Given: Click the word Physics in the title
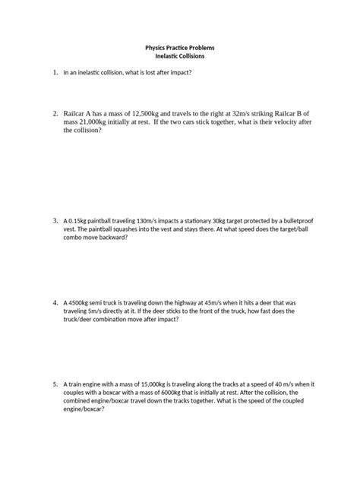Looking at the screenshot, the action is (x=158, y=47).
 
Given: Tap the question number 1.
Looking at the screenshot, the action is (x=55, y=72).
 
